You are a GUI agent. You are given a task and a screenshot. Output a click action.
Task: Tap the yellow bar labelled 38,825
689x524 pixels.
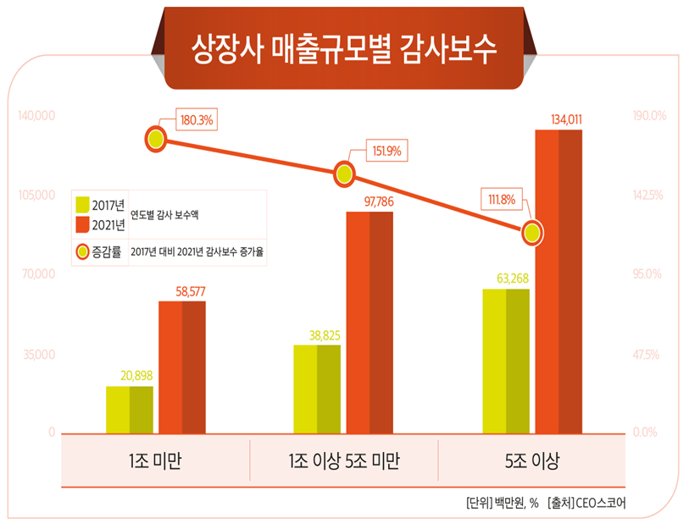click(317, 389)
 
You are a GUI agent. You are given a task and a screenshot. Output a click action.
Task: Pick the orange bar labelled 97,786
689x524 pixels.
click(370, 322)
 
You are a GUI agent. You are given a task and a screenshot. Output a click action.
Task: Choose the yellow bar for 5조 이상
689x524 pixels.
click(506, 361)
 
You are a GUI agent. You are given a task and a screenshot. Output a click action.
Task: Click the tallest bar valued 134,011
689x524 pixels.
click(558, 280)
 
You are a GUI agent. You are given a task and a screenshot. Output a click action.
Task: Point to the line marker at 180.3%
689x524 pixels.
click(155, 139)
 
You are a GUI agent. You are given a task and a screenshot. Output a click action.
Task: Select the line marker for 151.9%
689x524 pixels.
click(344, 174)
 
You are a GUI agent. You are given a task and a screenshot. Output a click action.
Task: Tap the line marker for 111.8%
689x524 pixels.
click(532, 234)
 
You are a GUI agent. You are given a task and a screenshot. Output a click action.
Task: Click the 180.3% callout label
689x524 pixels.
click(197, 120)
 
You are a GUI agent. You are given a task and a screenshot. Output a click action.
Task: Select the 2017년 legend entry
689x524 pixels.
click(100, 205)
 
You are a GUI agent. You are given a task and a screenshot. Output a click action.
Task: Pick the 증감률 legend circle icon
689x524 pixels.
click(83, 251)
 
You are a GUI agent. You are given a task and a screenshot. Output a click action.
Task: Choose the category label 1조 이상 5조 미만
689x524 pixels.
click(343, 461)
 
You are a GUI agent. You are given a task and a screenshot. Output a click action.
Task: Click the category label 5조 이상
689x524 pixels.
click(531, 461)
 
